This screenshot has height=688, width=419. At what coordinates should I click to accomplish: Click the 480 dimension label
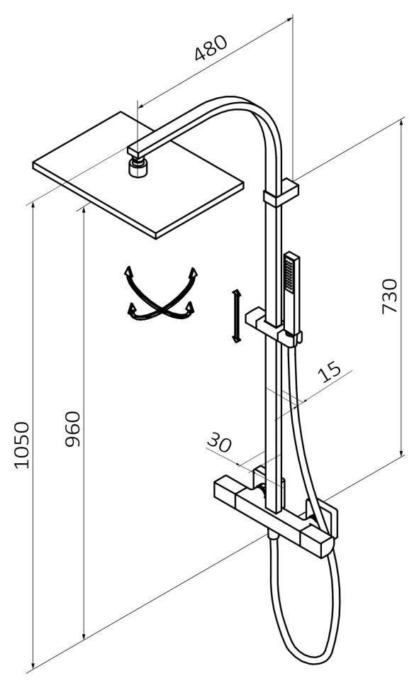coord(211,48)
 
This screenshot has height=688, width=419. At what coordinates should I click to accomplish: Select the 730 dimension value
coord(389,296)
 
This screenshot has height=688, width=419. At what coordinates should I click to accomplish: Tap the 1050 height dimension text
coord(21,445)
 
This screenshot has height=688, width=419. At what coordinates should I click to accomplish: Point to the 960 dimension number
coord(72,428)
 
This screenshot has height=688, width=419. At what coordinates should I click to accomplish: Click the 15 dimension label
coord(329,372)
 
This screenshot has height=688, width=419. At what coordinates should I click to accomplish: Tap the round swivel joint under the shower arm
coord(138,167)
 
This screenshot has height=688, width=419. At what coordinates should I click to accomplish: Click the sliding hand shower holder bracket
coord(273,327)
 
